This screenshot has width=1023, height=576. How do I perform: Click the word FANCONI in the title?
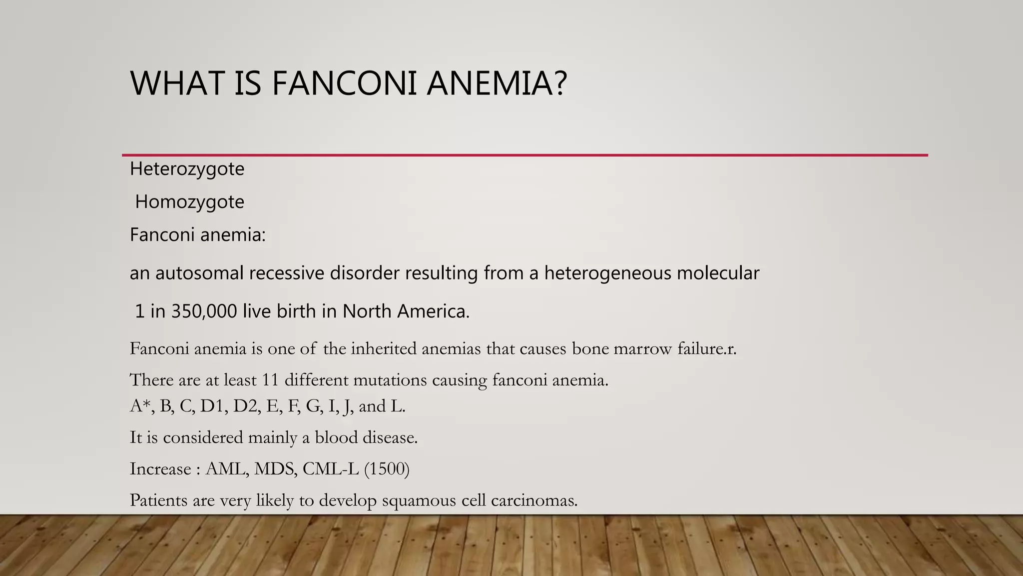pos(344,83)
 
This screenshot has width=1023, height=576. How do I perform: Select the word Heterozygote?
pos(187,169)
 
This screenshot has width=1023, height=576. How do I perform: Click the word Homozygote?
pos(189,202)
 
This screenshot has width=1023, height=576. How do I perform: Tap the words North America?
pos(405,311)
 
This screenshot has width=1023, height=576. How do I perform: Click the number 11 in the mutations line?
pos(270,380)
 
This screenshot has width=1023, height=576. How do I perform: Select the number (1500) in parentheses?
pos(387,469)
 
